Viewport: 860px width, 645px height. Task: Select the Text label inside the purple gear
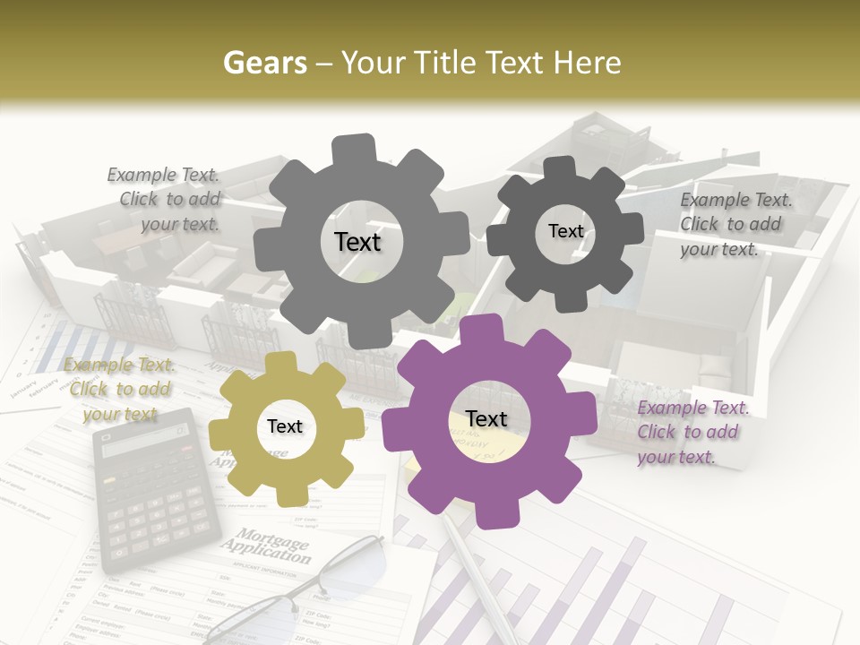coord(486,419)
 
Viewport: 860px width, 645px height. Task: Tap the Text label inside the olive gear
coord(285,427)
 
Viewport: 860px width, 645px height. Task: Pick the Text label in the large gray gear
coord(357,242)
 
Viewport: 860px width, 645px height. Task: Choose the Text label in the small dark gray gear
coord(565,231)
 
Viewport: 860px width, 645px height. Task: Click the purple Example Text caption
coord(692,433)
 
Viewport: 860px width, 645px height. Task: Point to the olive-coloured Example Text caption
coord(119,390)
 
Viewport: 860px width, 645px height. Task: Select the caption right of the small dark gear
coord(735,224)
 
